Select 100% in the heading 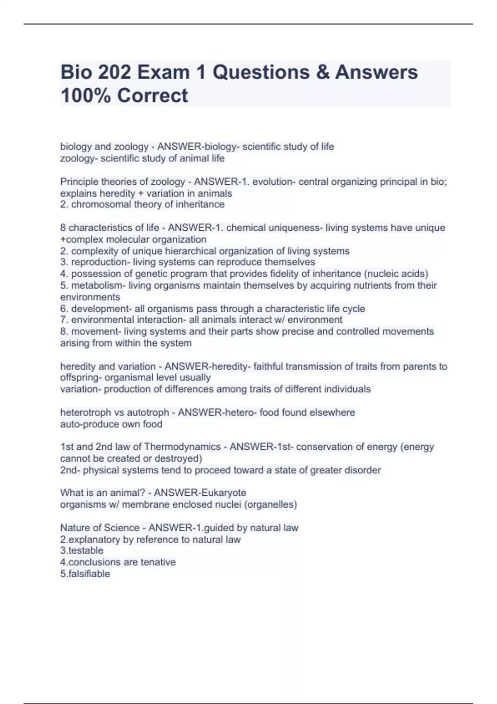[x=85, y=95]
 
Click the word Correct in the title [x=152, y=95]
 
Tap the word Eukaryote [x=223, y=493]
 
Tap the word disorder [x=362, y=470]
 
